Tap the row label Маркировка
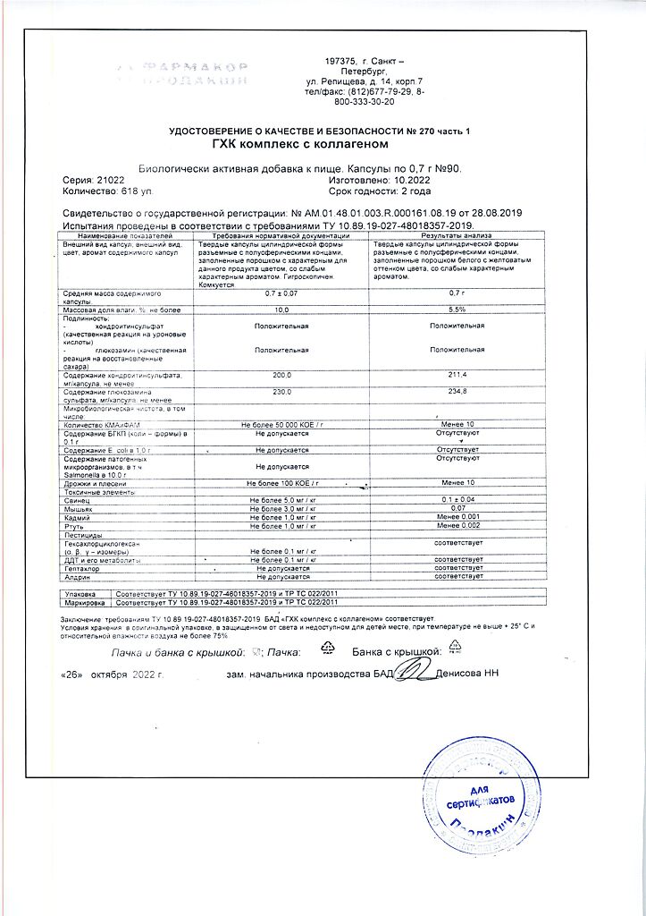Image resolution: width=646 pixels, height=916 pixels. point(82,604)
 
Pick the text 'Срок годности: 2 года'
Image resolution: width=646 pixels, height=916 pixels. point(380,191)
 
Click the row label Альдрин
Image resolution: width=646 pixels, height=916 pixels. point(76,577)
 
